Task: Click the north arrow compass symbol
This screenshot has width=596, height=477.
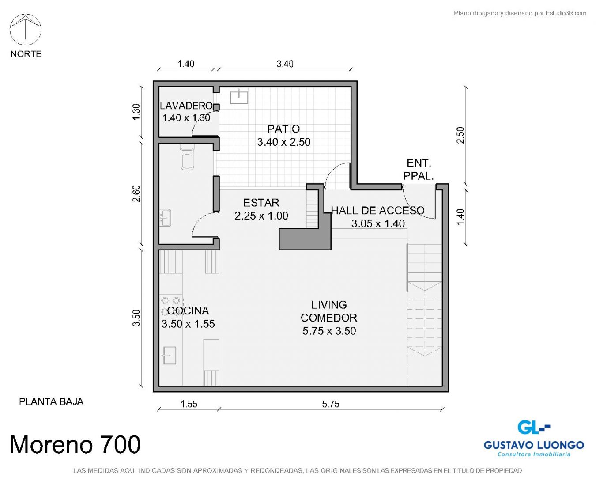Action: pos(26,30)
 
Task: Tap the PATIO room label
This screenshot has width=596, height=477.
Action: pos(283,129)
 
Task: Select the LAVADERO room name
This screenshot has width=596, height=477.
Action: pos(186,106)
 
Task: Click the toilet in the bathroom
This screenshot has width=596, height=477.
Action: pos(187,157)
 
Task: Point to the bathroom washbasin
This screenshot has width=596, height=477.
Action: pos(165,218)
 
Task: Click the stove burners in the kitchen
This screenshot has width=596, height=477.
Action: pos(170,306)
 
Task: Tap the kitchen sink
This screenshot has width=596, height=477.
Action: pos(170,356)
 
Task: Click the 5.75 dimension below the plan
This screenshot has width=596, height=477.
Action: pos(330,404)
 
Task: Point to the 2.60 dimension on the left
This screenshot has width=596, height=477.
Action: pos(136,193)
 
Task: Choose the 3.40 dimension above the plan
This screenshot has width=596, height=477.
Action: pos(285,64)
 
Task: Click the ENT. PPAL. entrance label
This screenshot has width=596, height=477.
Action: pos(419,169)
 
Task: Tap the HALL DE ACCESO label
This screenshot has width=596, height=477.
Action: pos(378,210)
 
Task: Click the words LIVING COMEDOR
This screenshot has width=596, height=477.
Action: pos(329,311)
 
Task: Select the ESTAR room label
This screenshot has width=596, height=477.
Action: pos(261,203)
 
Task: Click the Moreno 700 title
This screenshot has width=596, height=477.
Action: pos(75,445)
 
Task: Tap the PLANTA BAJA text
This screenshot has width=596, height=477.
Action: pos(51,402)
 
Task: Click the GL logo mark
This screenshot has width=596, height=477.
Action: pos(533,428)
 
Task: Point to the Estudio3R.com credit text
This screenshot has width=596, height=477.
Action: pos(520,13)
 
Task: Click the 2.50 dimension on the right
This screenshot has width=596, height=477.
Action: pos(460,135)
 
